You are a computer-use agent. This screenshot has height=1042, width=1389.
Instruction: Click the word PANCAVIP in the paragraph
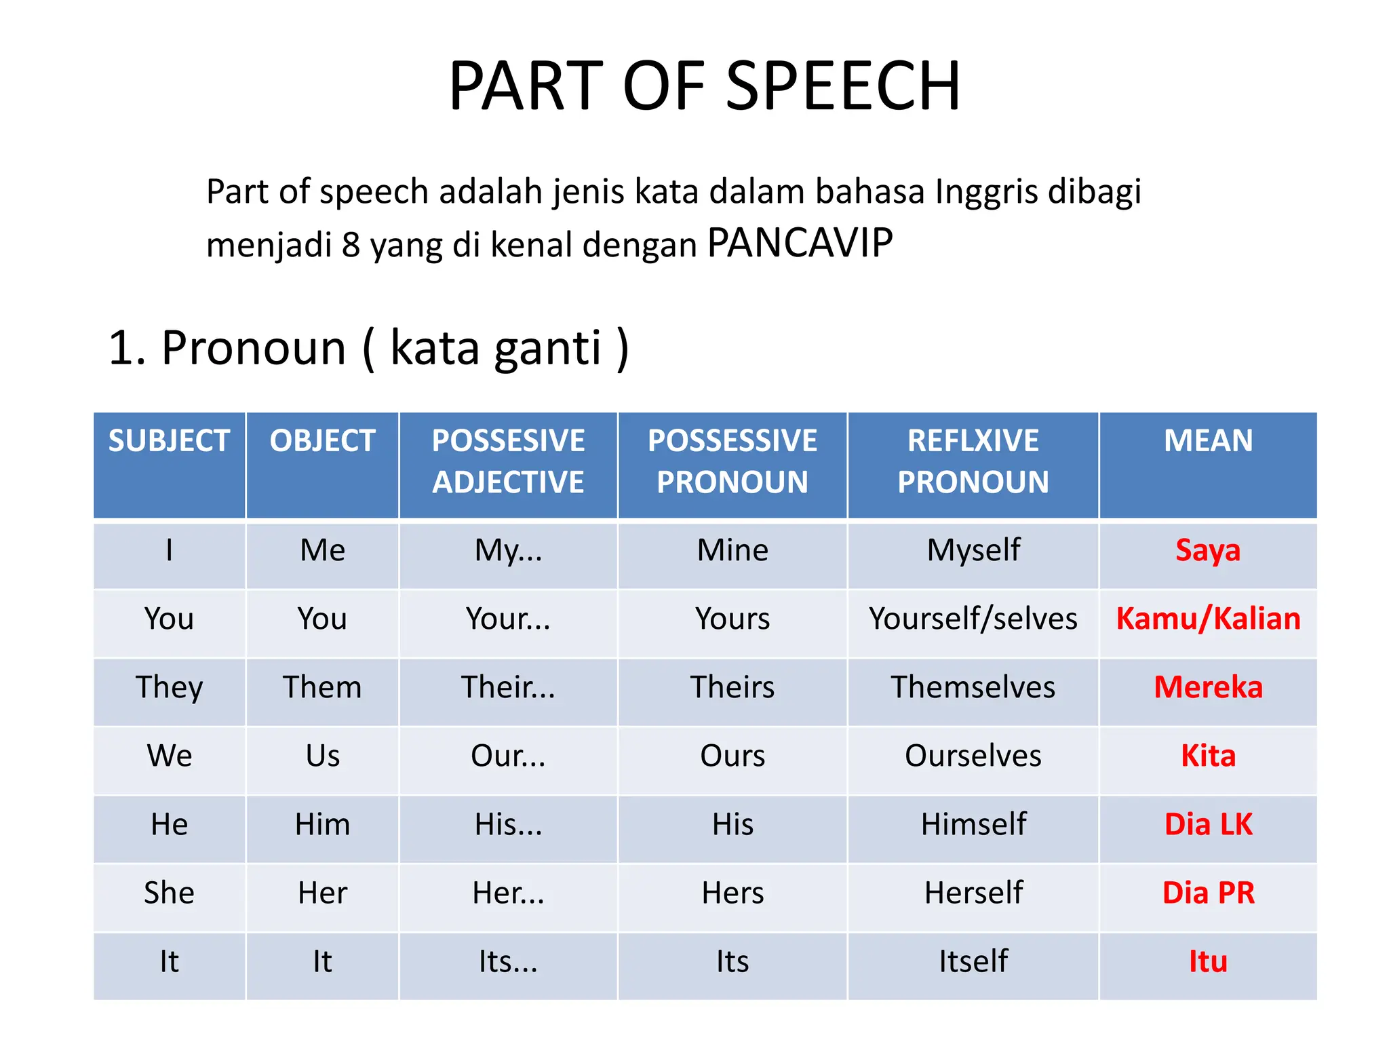[800, 243]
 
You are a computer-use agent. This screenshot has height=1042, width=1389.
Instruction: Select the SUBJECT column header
[169, 441]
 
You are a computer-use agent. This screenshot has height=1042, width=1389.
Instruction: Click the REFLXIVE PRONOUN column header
[973, 461]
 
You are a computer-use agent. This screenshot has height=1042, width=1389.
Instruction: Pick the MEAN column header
[1208, 441]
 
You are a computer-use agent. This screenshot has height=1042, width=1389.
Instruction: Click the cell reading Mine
[732, 550]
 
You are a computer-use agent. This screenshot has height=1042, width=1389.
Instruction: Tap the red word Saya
[1208, 550]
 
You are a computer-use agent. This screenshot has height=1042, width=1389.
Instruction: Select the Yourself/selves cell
[973, 619]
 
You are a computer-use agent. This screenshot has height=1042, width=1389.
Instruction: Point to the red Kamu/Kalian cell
[1208, 619]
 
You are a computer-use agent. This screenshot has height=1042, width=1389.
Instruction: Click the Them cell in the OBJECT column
[322, 687]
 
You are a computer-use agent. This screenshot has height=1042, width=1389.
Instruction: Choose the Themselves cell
[973, 687]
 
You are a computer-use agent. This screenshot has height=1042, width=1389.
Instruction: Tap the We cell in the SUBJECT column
[169, 756]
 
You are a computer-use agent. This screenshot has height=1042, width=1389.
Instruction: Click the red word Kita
[1208, 756]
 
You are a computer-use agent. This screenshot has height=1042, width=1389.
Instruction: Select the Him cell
[322, 824]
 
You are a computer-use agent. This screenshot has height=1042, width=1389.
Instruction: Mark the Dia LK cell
[1208, 824]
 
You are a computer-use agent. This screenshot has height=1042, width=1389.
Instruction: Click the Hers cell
[732, 893]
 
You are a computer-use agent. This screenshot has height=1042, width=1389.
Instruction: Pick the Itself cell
[973, 961]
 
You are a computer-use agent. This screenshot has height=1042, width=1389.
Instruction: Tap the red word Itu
[1208, 961]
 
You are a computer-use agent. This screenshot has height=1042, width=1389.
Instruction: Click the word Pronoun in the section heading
[254, 348]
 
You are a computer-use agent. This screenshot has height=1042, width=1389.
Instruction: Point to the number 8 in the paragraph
[351, 246]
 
